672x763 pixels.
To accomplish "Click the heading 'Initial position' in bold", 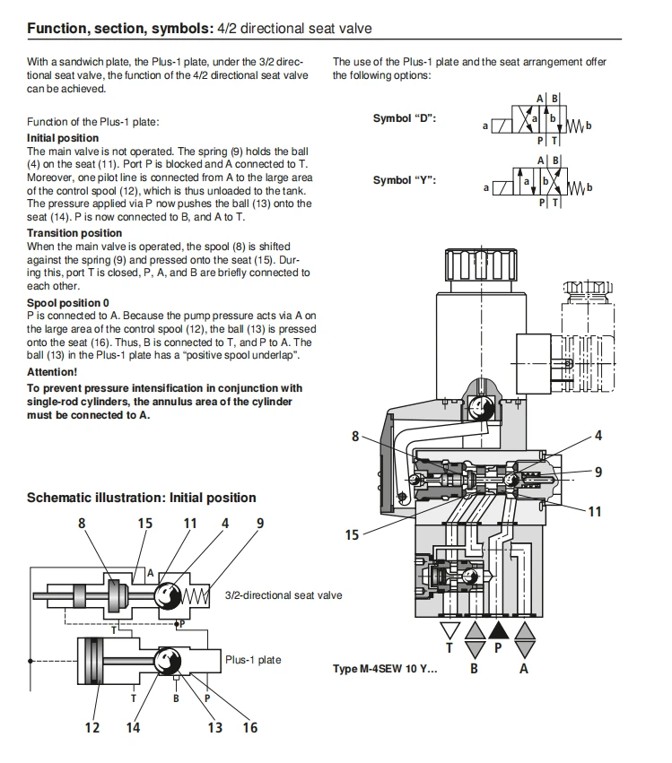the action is tap(63, 138).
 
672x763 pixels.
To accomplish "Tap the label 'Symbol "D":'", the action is tap(405, 118).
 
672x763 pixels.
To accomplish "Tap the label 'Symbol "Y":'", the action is tap(405, 180).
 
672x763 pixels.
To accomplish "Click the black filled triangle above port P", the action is tap(498, 631).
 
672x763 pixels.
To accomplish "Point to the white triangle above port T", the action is tap(449, 630).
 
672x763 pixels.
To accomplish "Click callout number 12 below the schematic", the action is tap(92, 728).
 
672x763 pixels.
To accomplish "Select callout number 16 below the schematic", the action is tap(250, 728).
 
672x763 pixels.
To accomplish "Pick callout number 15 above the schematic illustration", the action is tap(144, 524).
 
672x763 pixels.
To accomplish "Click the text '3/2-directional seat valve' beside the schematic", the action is tap(284, 595).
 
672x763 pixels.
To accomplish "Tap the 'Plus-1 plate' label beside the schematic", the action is tap(253, 660).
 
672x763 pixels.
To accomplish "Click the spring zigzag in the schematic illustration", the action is tap(196, 595).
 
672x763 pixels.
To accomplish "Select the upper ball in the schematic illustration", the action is tap(168, 595).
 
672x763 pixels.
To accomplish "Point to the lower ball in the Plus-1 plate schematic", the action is tap(168, 661).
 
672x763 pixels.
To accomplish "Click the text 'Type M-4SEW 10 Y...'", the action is tap(385, 669).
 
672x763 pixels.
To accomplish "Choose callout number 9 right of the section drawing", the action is tap(598, 472).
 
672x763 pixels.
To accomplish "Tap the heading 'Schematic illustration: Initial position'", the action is tap(141, 498).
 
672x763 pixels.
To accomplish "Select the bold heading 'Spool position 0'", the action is tap(68, 303).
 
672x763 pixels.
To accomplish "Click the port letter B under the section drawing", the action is tap(474, 669).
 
